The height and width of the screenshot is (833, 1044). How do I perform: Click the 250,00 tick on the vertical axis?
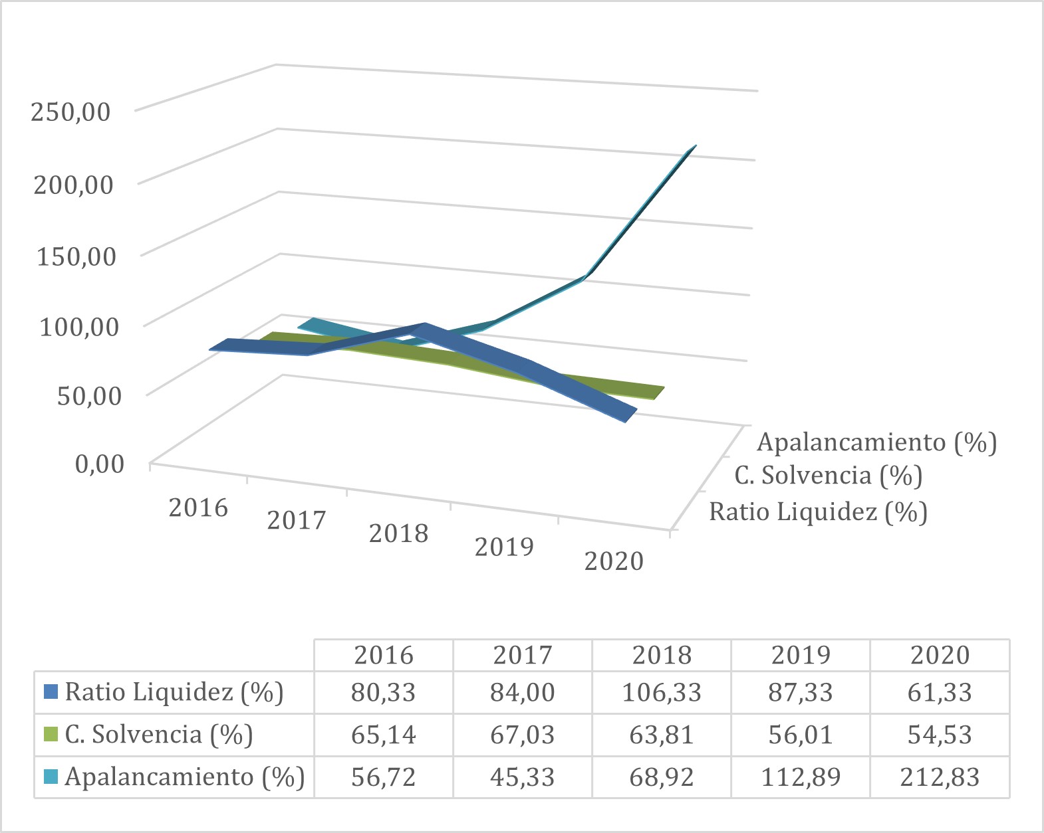(x=70, y=111)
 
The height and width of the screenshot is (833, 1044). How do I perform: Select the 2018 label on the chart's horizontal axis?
(x=399, y=533)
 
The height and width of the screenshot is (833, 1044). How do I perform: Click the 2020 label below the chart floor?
(x=614, y=561)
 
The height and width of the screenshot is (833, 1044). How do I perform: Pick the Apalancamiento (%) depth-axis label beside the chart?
(x=876, y=442)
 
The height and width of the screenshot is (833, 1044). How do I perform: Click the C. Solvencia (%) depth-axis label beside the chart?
(x=828, y=476)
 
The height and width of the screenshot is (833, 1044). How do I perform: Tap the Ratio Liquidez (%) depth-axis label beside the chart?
(x=818, y=512)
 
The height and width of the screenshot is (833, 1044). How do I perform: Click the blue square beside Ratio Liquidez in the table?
(x=51, y=692)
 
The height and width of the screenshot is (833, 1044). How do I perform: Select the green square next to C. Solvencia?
(x=51, y=735)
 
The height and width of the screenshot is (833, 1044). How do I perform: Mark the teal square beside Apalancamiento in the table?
(x=51, y=777)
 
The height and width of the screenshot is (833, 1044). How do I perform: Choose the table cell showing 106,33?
(x=662, y=693)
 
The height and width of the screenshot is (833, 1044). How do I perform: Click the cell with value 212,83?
(x=940, y=777)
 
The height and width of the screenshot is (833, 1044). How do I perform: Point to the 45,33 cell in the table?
(x=523, y=777)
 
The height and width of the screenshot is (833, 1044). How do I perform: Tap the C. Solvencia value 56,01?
(x=801, y=735)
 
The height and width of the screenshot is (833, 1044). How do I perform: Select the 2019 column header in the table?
(x=801, y=655)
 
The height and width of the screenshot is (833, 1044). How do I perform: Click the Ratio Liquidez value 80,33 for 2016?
(x=384, y=693)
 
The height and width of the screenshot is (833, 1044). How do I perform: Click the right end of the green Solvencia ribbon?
(x=658, y=393)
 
